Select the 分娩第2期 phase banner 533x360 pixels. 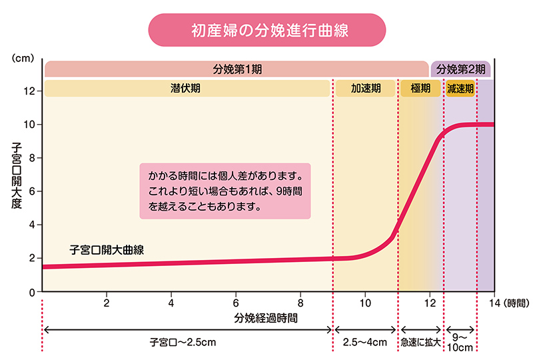click(460, 69)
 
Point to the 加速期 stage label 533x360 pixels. click(366, 88)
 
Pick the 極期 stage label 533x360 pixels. click(420, 88)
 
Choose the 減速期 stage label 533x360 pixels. click(460, 88)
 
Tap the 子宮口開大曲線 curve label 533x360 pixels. click(107, 251)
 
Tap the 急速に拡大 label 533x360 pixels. click(420, 342)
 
